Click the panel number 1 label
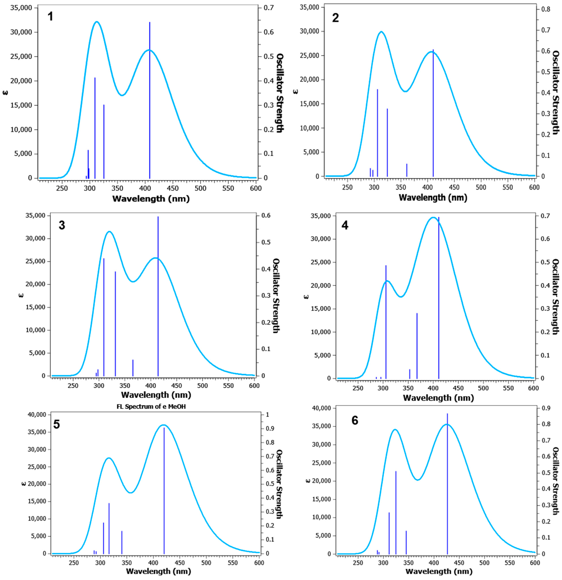50,17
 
